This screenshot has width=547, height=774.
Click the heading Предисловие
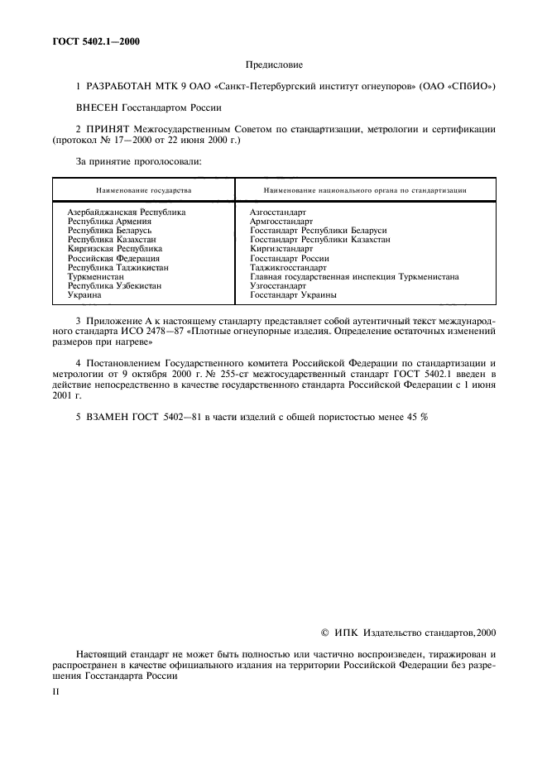point(274,64)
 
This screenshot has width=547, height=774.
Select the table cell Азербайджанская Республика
point(126,213)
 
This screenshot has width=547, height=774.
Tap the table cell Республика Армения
point(108,222)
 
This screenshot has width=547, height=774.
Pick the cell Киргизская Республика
point(114,249)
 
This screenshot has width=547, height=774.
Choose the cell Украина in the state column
point(84,294)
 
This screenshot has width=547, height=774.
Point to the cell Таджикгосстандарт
point(289,267)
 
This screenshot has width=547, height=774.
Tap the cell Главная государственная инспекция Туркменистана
point(353,276)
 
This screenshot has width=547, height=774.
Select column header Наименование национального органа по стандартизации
point(363,190)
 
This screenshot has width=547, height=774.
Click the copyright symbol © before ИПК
point(324,633)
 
